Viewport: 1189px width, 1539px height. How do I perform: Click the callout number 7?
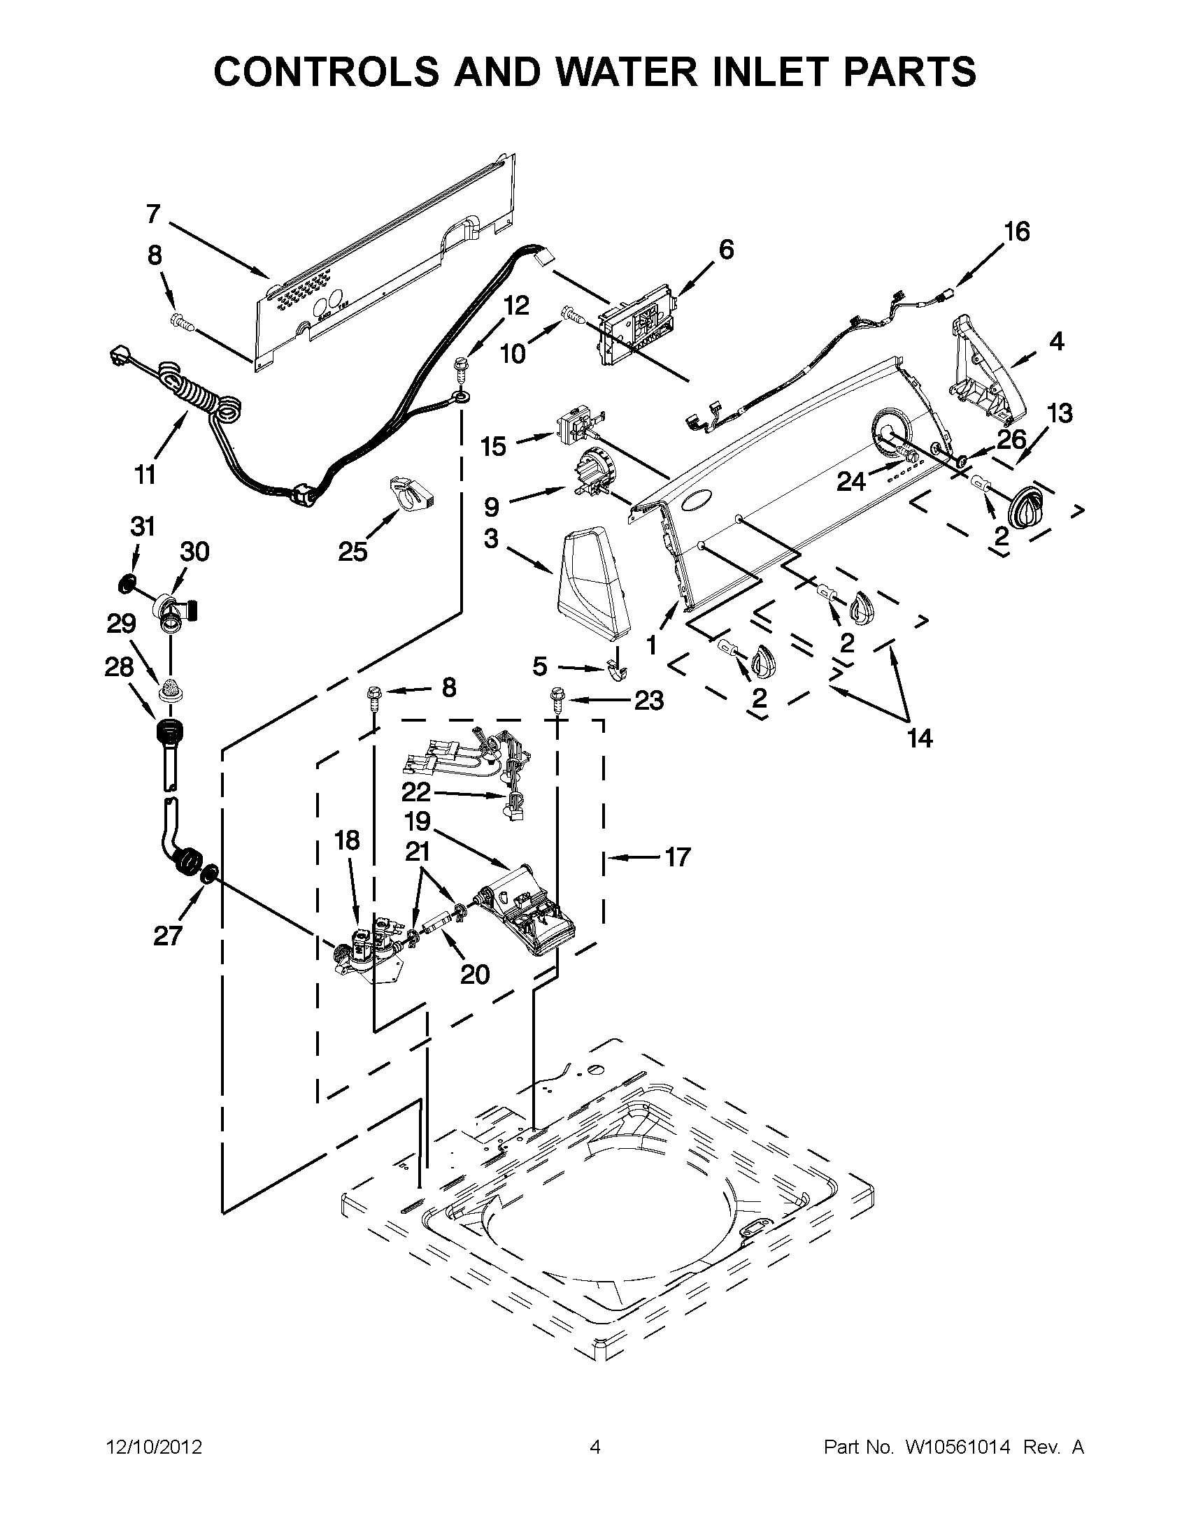pos(153,213)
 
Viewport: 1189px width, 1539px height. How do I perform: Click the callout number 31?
pos(143,527)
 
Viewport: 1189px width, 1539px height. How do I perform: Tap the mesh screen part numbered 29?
pos(169,689)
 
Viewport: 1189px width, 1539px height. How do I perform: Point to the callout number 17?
pos(677,857)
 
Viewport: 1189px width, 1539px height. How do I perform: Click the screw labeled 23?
pos(557,700)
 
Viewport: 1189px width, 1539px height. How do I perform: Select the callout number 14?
pos(920,738)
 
